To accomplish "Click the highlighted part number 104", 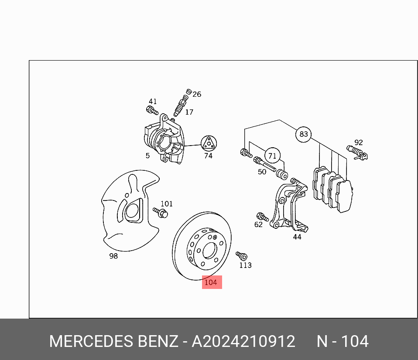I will point(211,282).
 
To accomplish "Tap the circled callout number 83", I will point(303,134).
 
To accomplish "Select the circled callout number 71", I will point(272,156).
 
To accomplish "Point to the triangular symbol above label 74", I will point(209,143).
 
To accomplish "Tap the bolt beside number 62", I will point(262,216).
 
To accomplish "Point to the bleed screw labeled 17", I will point(181,105).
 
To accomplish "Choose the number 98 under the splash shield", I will point(113,256).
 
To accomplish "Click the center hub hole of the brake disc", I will point(209,251).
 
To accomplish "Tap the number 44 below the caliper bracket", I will point(297,237).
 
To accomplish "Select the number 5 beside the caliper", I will point(147,156).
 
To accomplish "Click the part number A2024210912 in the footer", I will point(243,341).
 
